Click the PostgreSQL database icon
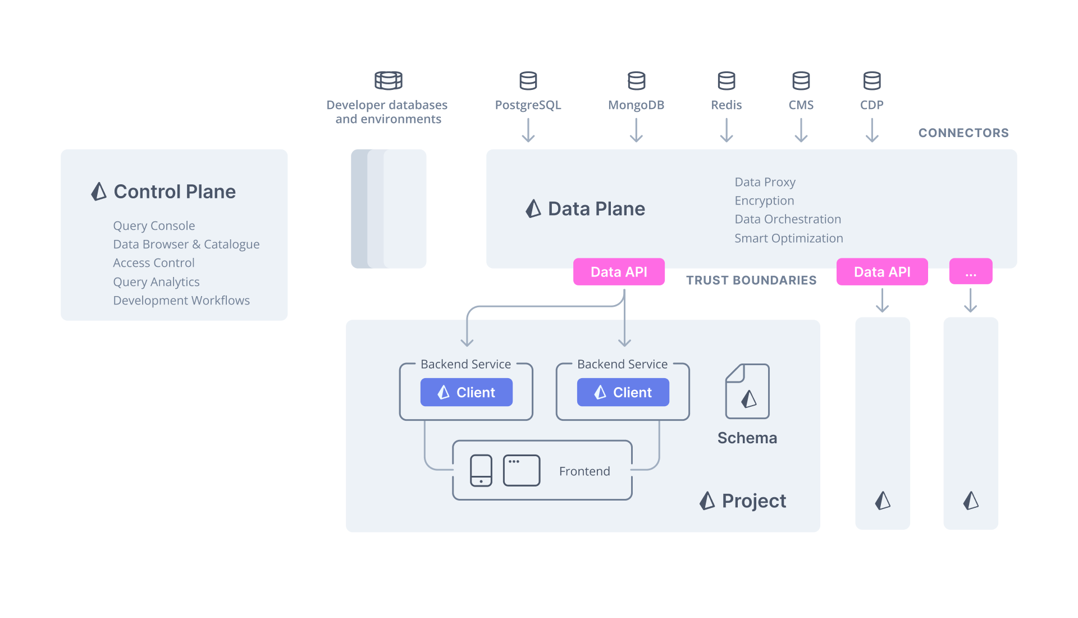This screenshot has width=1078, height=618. click(x=528, y=81)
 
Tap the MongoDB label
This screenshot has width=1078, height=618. click(x=636, y=105)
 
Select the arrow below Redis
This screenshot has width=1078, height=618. click(x=727, y=131)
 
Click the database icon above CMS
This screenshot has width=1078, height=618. click(x=801, y=81)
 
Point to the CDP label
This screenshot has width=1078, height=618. click(x=871, y=105)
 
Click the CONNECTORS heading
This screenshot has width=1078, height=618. click(x=963, y=133)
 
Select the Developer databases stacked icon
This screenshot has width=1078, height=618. click(x=389, y=81)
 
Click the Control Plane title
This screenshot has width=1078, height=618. click(x=174, y=192)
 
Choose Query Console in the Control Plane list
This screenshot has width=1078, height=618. click(x=154, y=226)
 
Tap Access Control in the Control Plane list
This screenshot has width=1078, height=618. click(x=154, y=263)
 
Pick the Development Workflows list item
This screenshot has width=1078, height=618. click(x=181, y=301)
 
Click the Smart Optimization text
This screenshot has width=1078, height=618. click(x=788, y=238)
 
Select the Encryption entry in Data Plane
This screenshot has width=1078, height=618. click(x=764, y=201)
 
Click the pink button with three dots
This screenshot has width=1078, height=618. click(x=970, y=272)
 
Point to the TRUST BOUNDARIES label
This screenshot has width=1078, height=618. click(x=751, y=280)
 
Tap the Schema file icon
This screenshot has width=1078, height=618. click(x=747, y=392)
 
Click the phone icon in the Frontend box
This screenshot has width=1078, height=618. click(x=481, y=471)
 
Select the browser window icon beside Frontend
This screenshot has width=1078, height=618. click(x=522, y=470)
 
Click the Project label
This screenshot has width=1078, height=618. click(x=753, y=501)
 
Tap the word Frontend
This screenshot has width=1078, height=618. click(x=584, y=471)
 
